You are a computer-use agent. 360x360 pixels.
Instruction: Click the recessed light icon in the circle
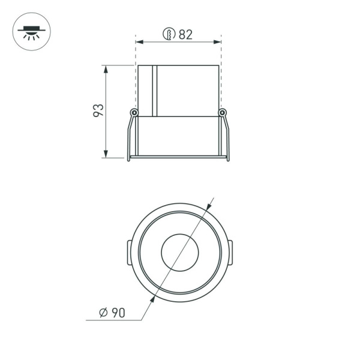click(32, 31)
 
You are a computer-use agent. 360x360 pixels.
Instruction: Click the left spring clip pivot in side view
click(134, 113)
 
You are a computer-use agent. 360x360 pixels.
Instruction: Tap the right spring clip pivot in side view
click(223, 112)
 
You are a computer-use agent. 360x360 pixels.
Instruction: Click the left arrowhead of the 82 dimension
click(139, 42)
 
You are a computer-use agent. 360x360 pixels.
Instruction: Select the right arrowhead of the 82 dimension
click(218, 42)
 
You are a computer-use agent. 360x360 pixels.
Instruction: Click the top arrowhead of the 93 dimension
click(107, 68)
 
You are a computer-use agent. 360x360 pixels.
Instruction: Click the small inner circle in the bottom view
click(179, 252)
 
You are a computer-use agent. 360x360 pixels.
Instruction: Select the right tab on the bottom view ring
click(230, 252)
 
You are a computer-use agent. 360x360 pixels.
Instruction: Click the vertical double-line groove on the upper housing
click(154, 90)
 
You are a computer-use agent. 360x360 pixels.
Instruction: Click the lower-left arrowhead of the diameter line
click(152, 298)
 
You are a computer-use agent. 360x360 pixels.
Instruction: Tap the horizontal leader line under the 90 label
click(114, 320)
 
